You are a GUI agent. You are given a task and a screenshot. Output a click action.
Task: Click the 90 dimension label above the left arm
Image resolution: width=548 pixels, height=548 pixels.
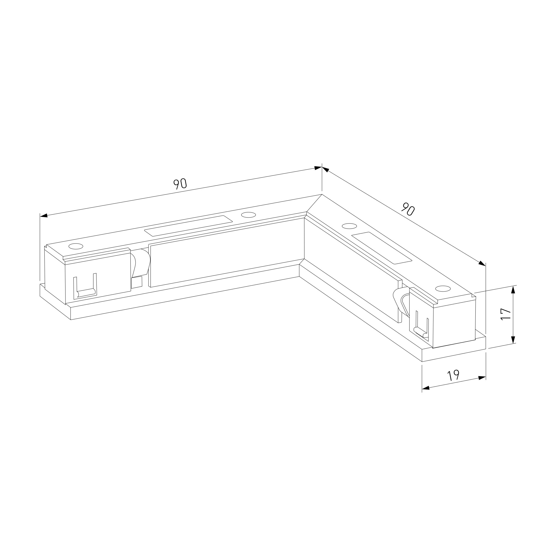[180, 184]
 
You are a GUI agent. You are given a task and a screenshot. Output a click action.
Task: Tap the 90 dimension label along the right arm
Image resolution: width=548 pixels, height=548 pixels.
[408, 209]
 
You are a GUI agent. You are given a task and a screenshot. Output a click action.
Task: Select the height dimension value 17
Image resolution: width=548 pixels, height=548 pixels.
[506, 314]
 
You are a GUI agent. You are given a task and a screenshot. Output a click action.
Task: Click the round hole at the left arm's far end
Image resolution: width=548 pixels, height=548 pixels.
[76, 246]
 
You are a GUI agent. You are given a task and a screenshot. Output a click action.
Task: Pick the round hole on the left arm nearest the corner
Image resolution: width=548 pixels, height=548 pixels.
[248, 215]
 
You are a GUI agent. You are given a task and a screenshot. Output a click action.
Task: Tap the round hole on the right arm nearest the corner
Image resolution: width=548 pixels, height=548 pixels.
[349, 226]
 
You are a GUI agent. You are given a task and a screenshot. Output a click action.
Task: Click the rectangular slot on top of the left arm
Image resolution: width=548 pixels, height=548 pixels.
[188, 226]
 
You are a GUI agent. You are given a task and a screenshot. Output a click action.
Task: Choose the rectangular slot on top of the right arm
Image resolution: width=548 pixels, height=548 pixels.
[381, 248]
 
